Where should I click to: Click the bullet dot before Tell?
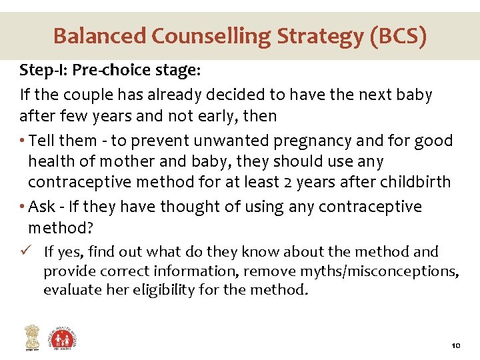tap(23, 141)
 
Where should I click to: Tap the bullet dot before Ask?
tap(23, 207)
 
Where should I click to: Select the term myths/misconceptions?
tap(393, 271)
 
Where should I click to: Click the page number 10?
tap(456, 346)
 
